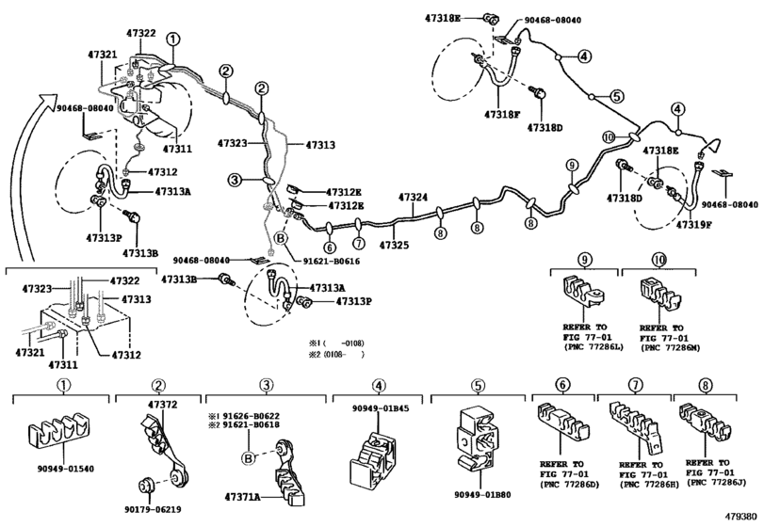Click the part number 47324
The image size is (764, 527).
[x=413, y=198]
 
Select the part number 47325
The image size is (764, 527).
[x=394, y=246]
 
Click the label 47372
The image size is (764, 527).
[x=161, y=404]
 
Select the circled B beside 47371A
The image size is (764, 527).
[x=249, y=459]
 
